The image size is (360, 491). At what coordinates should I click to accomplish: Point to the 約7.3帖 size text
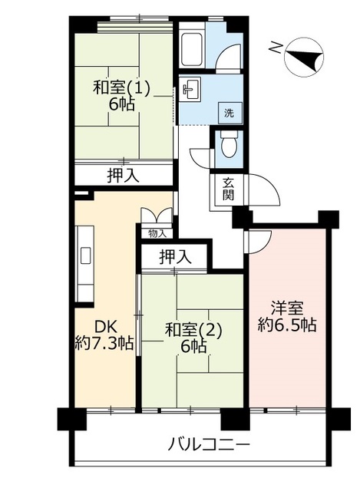tap(104, 342)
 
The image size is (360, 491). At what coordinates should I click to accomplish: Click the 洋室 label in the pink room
tap(286, 308)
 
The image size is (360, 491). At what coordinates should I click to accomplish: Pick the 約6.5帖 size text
tap(286, 325)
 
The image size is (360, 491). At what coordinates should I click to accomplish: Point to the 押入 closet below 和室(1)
tap(123, 176)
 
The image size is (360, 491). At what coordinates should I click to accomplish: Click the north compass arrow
tap(302, 58)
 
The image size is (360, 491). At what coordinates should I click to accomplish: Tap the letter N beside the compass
tap(275, 48)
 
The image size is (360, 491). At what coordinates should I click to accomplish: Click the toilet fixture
tap(229, 143)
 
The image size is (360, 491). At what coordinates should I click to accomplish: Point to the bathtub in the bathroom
tap(191, 51)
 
